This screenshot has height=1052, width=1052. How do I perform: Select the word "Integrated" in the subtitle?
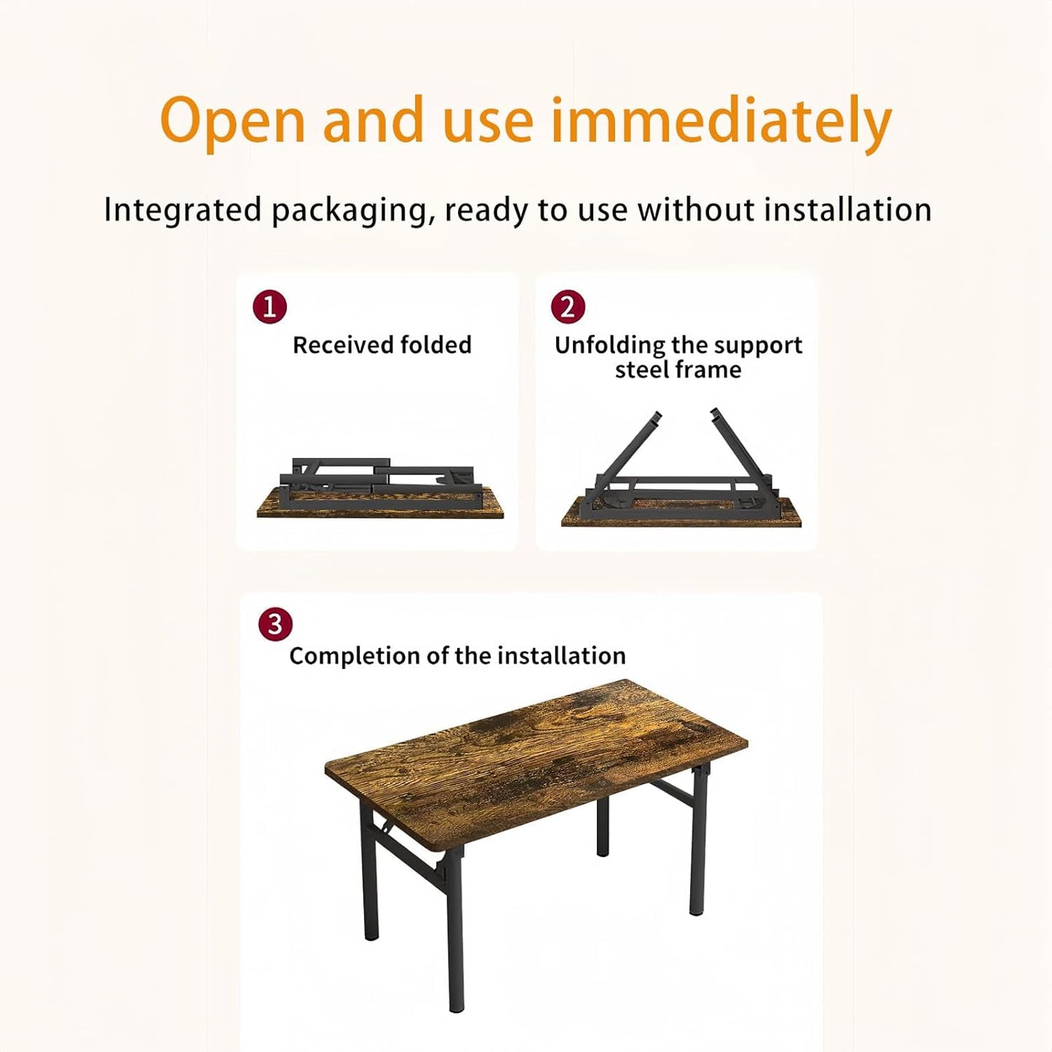tap(183, 210)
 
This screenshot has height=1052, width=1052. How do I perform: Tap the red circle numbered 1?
tap(269, 307)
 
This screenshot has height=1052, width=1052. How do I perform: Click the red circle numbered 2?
tap(568, 307)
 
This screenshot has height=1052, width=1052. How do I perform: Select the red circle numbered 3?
tap(275, 625)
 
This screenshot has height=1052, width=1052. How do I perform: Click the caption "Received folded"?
tap(382, 345)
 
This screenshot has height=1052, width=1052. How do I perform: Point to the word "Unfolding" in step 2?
tap(610, 345)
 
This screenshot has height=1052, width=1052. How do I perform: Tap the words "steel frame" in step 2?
tap(678, 370)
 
